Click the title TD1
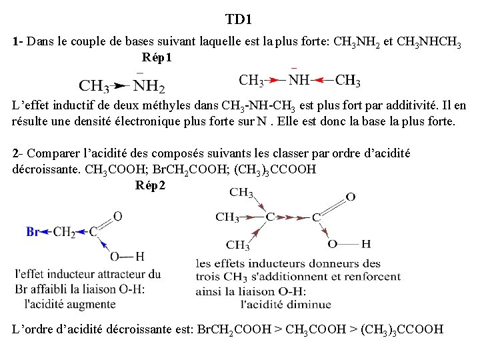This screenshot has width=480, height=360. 239,19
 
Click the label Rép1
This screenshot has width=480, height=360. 157,58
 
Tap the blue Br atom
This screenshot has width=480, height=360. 33,232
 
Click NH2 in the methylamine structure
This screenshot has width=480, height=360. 149,86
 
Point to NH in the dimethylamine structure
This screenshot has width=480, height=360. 299,81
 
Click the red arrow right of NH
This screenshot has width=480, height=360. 322,81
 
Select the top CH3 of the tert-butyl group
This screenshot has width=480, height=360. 241,193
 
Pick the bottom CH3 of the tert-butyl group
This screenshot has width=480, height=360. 238,245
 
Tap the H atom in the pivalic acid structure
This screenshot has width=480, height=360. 366,244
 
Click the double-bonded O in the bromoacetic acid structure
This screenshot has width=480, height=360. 117,216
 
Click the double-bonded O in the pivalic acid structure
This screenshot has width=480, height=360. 350,197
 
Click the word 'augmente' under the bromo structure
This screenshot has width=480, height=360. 94,304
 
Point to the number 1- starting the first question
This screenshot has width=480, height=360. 18,41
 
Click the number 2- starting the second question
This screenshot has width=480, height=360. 18,154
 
